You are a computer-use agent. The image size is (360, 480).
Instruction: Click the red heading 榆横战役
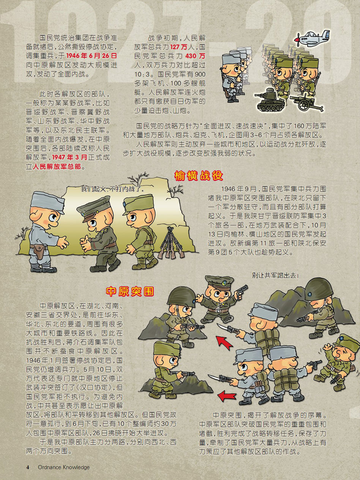199,176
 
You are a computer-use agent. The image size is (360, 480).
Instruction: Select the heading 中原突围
130,291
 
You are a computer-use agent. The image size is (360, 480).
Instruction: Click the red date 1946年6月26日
92,55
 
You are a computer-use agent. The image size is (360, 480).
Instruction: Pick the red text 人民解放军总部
57,167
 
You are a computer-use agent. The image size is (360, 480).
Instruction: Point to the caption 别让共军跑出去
275,275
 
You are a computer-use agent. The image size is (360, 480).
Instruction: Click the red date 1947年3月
69,157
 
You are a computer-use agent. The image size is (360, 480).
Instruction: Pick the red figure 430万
195,56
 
